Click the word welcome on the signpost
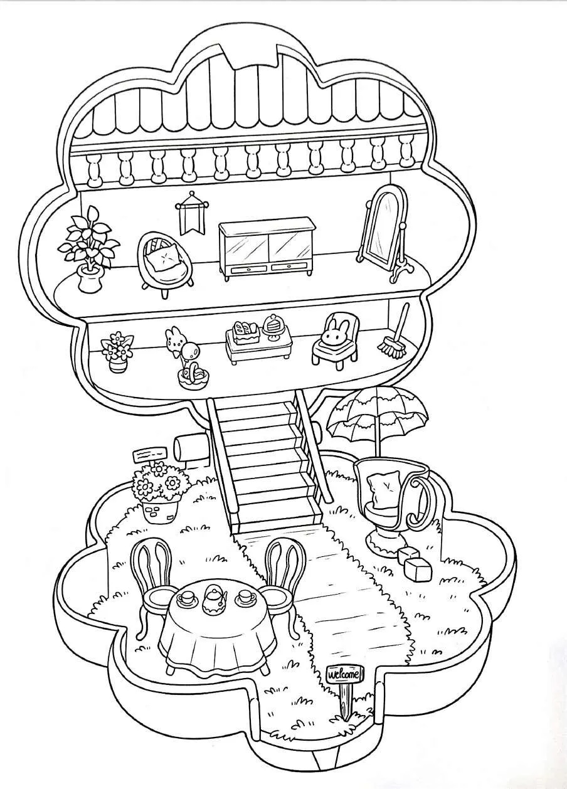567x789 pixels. [x=344, y=675]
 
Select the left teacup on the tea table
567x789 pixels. [x=186, y=600]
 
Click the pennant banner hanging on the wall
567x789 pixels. [x=186, y=212]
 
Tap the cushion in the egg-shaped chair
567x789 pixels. [x=165, y=257]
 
